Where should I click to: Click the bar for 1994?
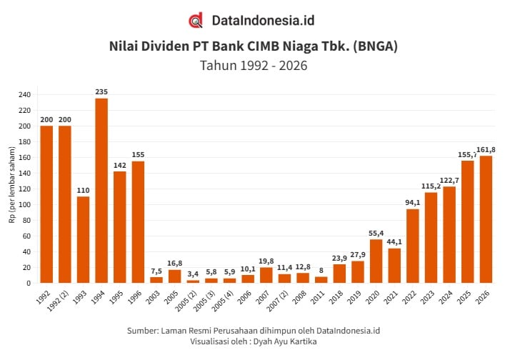(x=101, y=190)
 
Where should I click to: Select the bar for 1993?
(x=83, y=239)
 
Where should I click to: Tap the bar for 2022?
(x=412, y=246)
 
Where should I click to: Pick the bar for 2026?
(x=486, y=219)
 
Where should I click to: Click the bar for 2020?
(x=376, y=261)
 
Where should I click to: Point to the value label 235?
(x=101, y=91)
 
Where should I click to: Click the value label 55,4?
(x=376, y=234)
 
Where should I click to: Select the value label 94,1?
(x=412, y=203)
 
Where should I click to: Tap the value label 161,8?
(x=486, y=149)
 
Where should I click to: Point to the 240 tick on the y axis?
(x=25, y=95)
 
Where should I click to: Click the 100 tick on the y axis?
(x=25, y=205)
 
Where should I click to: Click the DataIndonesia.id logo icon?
(x=196, y=21)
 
